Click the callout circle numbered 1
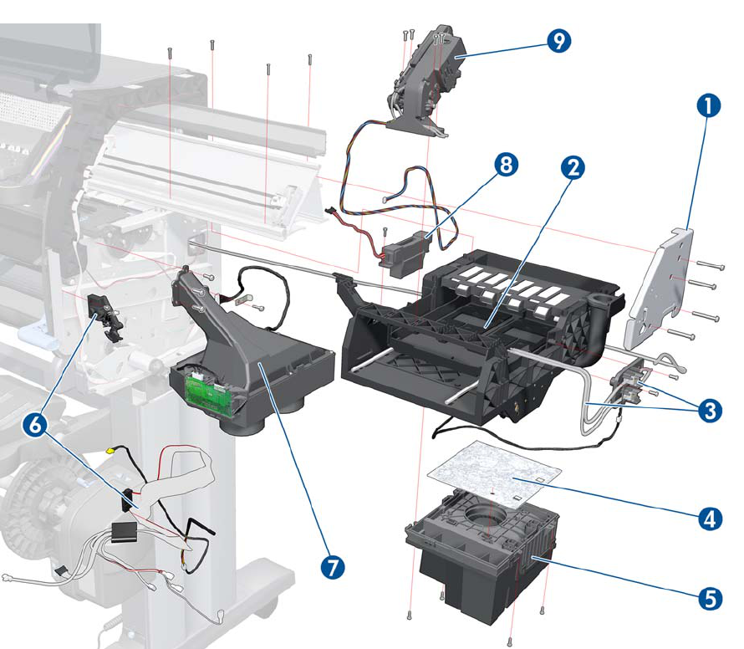(707, 106)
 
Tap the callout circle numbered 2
(572, 168)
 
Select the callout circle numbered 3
(710, 411)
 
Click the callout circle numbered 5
(709, 598)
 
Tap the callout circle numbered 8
(504, 166)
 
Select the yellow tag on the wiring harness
(110, 451)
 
